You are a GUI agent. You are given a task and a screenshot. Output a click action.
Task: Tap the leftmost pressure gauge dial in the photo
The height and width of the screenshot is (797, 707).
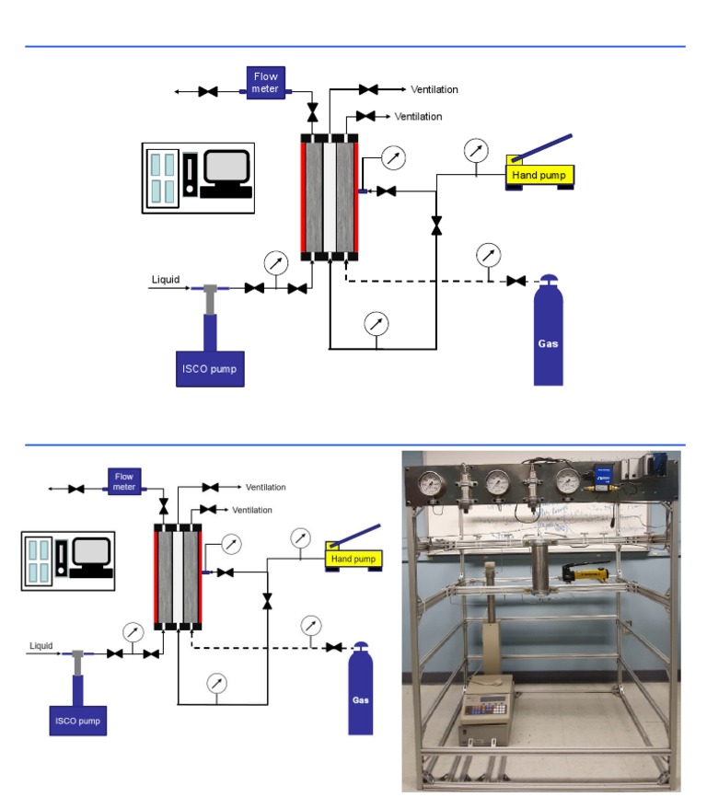(x=429, y=482)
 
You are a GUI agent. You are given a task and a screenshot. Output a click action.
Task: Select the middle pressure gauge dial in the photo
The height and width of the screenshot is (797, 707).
(x=498, y=482)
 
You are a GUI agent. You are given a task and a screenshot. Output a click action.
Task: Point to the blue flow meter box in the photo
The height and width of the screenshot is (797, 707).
(x=599, y=477)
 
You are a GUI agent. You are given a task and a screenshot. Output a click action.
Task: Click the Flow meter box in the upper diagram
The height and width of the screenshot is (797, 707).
(x=266, y=80)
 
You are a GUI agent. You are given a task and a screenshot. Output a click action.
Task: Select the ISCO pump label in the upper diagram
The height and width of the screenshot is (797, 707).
(x=211, y=369)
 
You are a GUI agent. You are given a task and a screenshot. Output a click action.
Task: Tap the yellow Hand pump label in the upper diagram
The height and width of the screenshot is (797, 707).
(x=539, y=174)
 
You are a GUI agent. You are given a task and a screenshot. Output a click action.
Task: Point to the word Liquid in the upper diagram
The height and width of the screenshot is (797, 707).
(x=166, y=280)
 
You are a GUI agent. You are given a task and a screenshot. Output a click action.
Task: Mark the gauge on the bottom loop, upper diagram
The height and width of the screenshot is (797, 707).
(x=375, y=324)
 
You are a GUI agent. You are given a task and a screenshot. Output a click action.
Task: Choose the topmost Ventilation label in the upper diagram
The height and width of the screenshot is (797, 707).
(x=435, y=89)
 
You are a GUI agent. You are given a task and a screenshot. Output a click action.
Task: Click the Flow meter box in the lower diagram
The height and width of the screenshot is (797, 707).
(x=124, y=479)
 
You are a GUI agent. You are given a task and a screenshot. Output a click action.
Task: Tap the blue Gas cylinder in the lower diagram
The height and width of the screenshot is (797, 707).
(x=361, y=692)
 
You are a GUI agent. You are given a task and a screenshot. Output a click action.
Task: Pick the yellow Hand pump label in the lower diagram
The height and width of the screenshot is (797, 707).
(x=353, y=559)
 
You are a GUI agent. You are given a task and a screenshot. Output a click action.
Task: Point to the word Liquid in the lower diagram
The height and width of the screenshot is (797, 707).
(x=41, y=645)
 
